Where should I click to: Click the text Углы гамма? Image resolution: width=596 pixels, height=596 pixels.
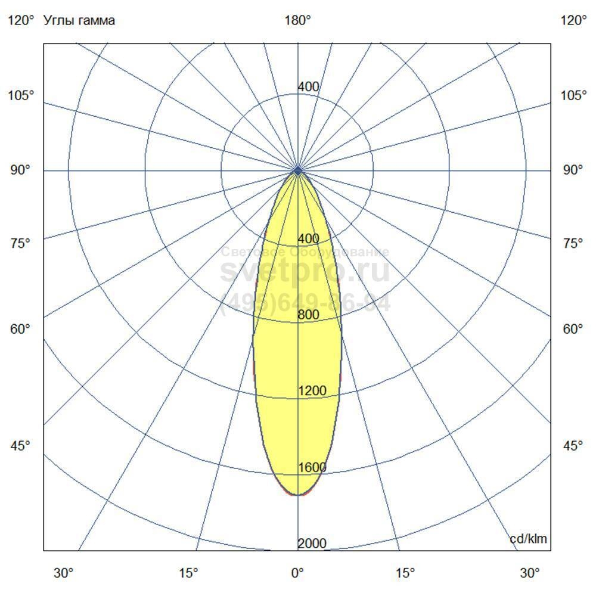pyautogui.click(x=79, y=21)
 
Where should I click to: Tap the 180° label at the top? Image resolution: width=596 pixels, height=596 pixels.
pyautogui.click(x=298, y=21)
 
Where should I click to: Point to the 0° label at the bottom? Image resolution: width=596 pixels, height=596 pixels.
pyautogui.click(x=297, y=573)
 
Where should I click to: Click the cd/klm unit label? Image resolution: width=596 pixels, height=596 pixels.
pyautogui.click(x=528, y=539)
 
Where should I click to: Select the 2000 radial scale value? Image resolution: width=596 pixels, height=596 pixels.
pyautogui.click(x=312, y=544)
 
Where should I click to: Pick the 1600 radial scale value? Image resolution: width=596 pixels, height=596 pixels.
pyautogui.click(x=312, y=467)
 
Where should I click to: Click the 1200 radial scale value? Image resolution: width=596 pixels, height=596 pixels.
pyautogui.click(x=312, y=391)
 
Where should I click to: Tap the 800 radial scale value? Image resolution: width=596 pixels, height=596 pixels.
pyautogui.click(x=309, y=315)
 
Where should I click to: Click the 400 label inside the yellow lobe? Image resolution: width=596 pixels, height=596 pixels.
pyautogui.click(x=309, y=239)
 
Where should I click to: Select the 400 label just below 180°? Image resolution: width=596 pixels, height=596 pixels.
pyautogui.click(x=309, y=87)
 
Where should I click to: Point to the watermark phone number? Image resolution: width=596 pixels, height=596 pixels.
pyautogui.click(x=305, y=303)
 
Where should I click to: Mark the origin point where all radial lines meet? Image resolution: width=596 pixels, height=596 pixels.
pyautogui.click(x=298, y=171)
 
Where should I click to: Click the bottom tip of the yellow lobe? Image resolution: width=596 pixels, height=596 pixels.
pyautogui.click(x=297, y=495)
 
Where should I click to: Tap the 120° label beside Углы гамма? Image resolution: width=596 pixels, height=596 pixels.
pyautogui.click(x=21, y=21)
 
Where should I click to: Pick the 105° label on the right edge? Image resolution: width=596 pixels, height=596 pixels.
pyautogui.click(x=574, y=95)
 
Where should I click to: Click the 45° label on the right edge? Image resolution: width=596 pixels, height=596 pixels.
pyautogui.click(x=574, y=446)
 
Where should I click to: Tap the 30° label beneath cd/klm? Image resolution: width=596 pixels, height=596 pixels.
pyautogui.click(x=530, y=573)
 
